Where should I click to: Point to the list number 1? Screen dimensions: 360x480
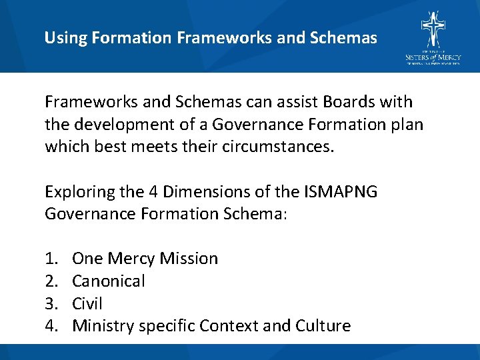[51, 259]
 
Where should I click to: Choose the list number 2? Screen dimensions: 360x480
[51, 281]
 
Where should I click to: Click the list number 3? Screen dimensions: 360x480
[51, 304]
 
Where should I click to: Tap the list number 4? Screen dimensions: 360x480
[51, 326]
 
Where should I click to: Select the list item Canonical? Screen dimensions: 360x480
[108, 281]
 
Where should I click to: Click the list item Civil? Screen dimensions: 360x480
[87, 304]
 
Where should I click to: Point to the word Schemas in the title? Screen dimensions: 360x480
[345, 38]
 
